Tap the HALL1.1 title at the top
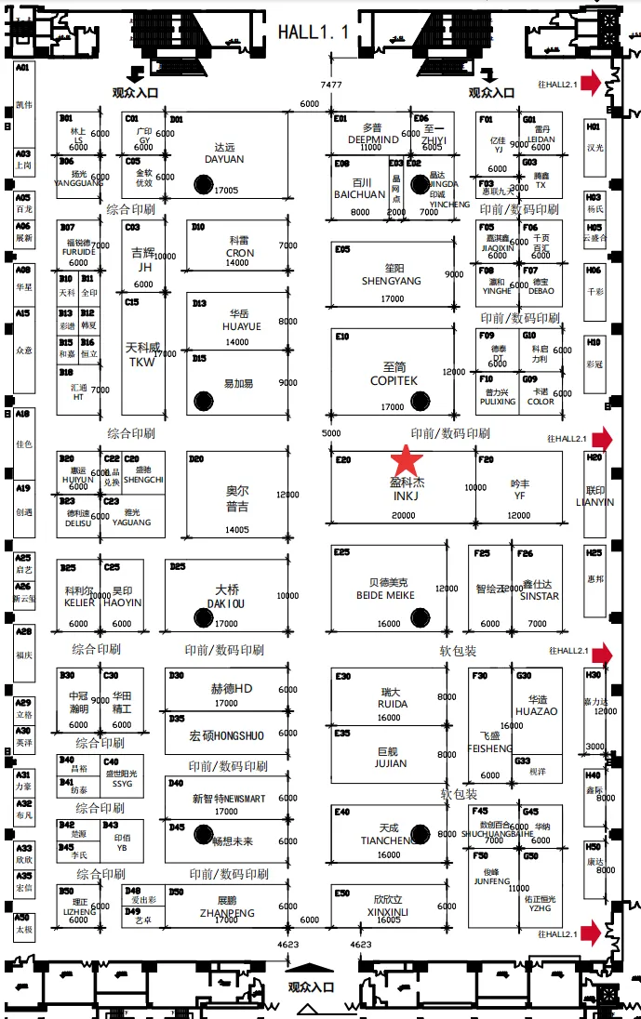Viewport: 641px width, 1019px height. (313, 33)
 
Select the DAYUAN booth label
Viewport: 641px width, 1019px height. (224, 159)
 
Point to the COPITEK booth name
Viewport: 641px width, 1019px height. (394, 381)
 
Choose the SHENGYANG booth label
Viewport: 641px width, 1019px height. (392, 281)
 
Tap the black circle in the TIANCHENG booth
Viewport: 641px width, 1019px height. (420, 833)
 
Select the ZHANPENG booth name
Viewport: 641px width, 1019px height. (227, 914)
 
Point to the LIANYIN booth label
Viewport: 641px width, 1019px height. (594, 502)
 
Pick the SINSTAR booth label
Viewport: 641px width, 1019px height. (540, 596)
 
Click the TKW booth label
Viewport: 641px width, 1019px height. (142, 363)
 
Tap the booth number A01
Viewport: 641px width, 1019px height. (22, 68)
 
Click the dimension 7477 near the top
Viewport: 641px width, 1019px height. (331, 85)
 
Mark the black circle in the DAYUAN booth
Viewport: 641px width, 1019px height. (203, 184)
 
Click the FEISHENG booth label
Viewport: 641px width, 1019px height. (490, 748)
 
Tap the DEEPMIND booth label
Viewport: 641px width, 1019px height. (373, 139)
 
